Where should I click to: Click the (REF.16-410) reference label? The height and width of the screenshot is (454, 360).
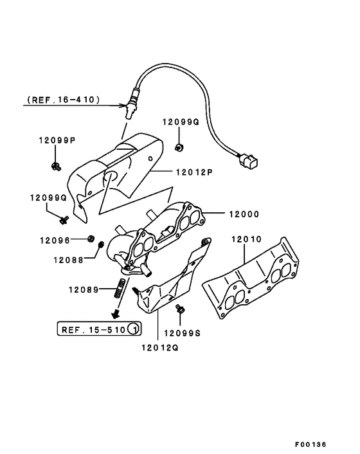click(x=63, y=100)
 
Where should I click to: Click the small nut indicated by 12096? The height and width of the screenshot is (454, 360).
click(x=91, y=239)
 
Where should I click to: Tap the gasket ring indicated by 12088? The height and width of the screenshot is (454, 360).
click(x=100, y=245)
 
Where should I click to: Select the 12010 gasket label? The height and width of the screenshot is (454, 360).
click(x=248, y=240)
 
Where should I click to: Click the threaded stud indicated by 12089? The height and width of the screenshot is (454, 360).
click(x=119, y=289)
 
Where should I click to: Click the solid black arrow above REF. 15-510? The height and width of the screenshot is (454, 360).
click(x=116, y=314)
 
